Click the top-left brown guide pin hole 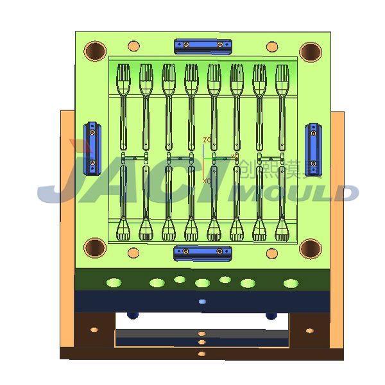tap(95, 51)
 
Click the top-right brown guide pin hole tap(310, 51)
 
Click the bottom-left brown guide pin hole tap(95, 247)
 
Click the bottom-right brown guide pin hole tap(310, 248)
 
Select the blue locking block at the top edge tap(203, 45)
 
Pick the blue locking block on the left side tap(93, 148)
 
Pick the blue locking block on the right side tap(313, 149)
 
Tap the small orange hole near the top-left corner tap(133, 46)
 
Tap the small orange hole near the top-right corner tap(272, 46)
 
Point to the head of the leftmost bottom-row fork tap(123, 230)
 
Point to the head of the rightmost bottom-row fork tap(282, 230)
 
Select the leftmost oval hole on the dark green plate tap(114, 282)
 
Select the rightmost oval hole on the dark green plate tap(291, 282)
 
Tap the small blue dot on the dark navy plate tap(203, 301)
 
